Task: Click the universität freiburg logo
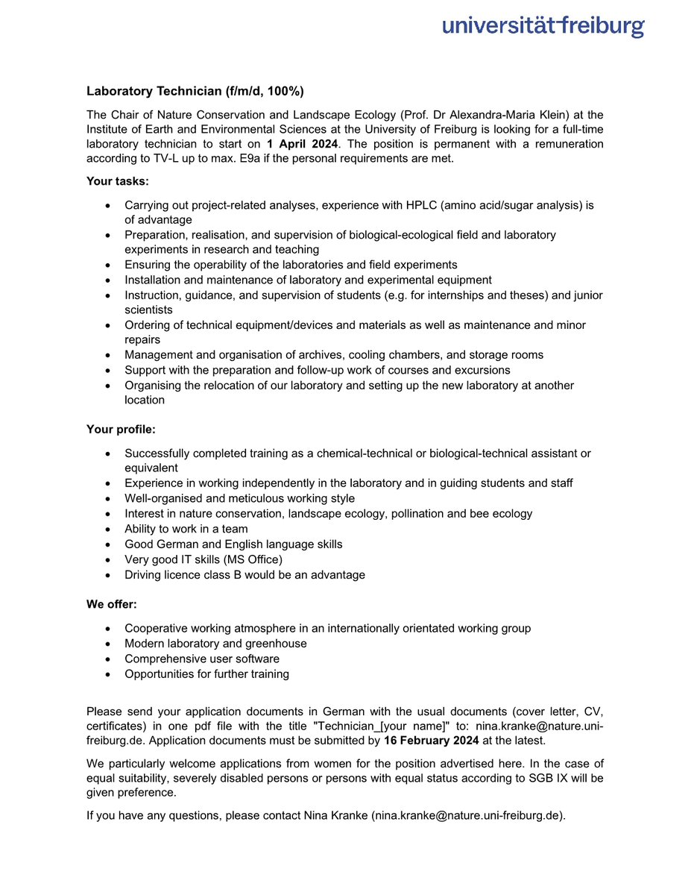pos(543,27)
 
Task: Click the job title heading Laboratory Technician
pos(195,92)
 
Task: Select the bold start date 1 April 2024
pos(303,143)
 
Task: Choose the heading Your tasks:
pos(118,182)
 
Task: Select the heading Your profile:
pos(121,430)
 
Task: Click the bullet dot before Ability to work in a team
pos(110,529)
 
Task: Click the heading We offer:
pos(112,605)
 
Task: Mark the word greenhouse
pos(277,643)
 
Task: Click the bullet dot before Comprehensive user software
pos(110,659)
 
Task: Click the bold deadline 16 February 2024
pos(431,741)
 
